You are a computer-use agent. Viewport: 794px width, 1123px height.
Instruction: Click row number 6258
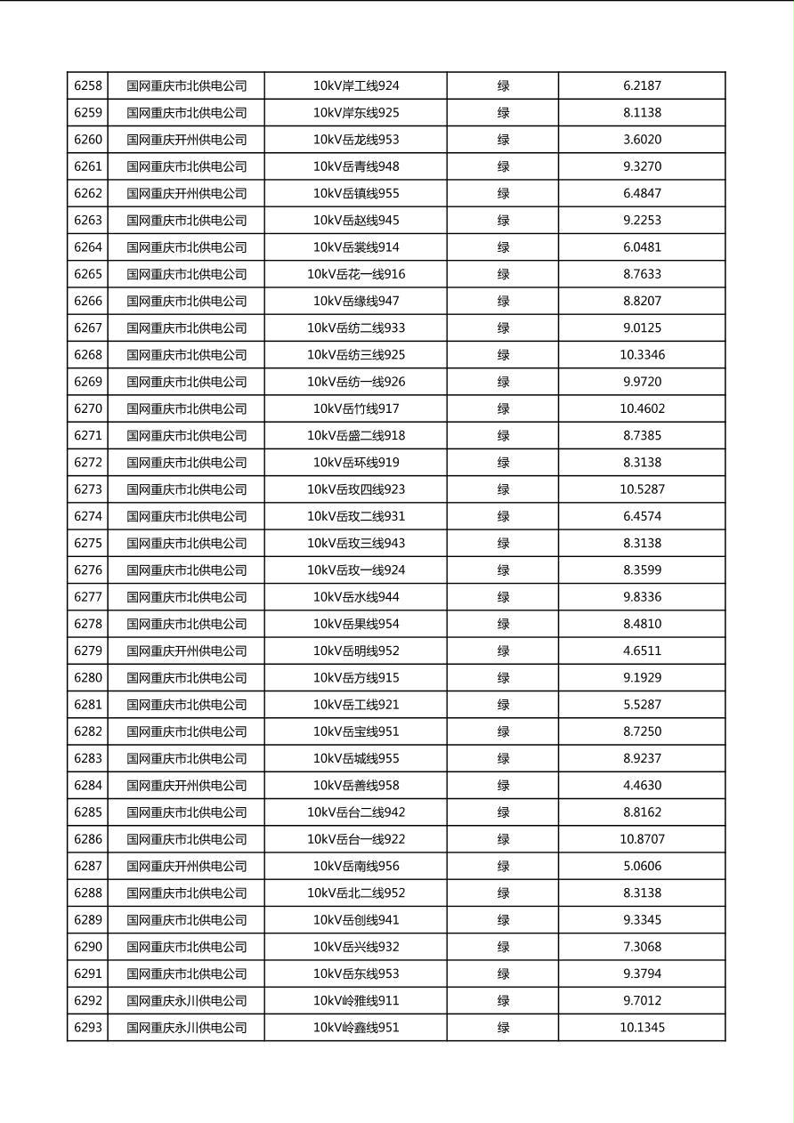click(88, 86)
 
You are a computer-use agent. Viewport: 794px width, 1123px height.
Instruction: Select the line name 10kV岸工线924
click(356, 86)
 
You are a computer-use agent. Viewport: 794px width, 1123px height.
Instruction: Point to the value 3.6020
click(642, 140)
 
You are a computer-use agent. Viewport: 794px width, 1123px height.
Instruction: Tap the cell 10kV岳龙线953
click(356, 140)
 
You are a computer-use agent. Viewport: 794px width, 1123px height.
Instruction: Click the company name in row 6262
click(186, 193)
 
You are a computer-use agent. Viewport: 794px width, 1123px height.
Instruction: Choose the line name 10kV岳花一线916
click(356, 274)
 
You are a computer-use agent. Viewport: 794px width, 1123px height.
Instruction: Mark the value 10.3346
click(642, 355)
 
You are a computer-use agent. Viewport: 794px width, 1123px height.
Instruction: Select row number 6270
click(88, 408)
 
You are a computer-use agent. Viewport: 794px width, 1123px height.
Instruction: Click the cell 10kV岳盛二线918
click(356, 435)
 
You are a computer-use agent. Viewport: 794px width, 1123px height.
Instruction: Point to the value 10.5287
click(642, 489)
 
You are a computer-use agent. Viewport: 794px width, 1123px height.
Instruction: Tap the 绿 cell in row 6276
click(503, 570)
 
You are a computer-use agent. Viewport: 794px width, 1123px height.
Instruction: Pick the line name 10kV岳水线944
click(356, 597)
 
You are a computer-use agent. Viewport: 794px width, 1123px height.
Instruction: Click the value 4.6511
click(642, 650)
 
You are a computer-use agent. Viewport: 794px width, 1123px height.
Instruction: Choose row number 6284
click(88, 785)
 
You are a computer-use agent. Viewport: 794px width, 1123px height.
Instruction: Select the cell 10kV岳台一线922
click(356, 839)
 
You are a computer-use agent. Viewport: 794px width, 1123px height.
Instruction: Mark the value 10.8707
click(642, 839)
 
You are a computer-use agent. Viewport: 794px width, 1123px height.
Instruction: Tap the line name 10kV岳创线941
click(356, 919)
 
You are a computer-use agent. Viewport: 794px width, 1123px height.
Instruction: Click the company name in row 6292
click(186, 1000)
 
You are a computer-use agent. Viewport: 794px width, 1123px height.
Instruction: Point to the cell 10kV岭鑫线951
click(356, 1027)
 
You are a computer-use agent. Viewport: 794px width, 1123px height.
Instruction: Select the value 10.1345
click(642, 1027)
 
